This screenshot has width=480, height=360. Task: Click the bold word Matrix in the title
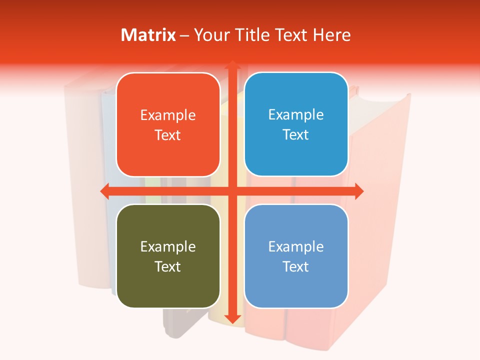(148, 35)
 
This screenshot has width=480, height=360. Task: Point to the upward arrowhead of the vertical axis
(232, 65)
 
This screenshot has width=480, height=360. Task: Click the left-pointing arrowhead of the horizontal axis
(105, 190)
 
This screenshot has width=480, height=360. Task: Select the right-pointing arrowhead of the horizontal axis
(358, 190)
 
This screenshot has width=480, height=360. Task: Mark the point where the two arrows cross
(232, 190)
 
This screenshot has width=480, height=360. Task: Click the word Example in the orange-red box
(168, 115)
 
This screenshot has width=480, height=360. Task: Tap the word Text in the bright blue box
(296, 135)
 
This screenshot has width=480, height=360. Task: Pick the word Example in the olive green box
(168, 247)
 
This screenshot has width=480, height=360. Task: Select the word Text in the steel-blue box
(296, 266)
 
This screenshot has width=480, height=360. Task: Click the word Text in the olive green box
(168, 266)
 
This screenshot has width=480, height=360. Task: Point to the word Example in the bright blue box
(296, 115)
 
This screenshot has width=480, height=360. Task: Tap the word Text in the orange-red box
(168, 135)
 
